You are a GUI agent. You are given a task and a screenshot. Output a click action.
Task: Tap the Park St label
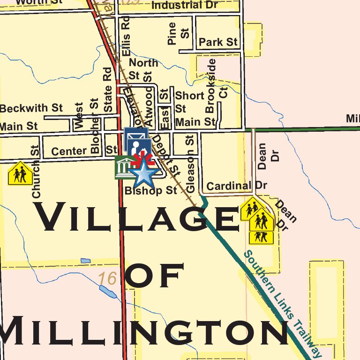click(218, 42)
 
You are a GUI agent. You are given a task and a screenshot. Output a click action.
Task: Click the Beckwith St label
click(31, 108)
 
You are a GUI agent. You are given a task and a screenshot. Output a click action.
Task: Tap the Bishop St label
click(151, 190)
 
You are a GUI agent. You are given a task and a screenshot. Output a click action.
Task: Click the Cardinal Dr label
click(236, 186)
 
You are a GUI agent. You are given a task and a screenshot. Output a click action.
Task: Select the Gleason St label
click(190, 164)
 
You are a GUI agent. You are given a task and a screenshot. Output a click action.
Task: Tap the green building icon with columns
click(123, 167)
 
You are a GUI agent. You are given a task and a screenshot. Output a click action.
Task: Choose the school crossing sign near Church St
click(20, 173)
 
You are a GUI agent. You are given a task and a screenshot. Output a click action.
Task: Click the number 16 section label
click(107, 279)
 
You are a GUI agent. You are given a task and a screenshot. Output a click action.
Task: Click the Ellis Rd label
click(125, 37)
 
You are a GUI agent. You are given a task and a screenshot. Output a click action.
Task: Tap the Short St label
click(189, 102)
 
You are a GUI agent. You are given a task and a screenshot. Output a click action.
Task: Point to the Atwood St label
click(149, 103)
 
